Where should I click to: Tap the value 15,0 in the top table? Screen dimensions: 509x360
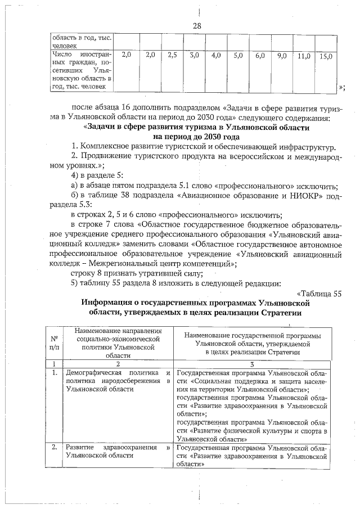click(x=325, y=56)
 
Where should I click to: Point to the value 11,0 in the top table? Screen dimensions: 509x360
click(x=303, y=56)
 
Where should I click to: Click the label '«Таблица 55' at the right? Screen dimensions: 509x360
click(x=318, y=293)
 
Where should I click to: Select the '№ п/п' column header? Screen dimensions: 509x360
click(x=55, y=343)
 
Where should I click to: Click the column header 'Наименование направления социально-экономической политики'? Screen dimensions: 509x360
click(x=118, y=343)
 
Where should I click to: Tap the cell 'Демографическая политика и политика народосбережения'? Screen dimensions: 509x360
click(x=118, y=381)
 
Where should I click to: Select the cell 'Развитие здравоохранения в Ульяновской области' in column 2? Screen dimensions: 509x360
click(x=118, y=452)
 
